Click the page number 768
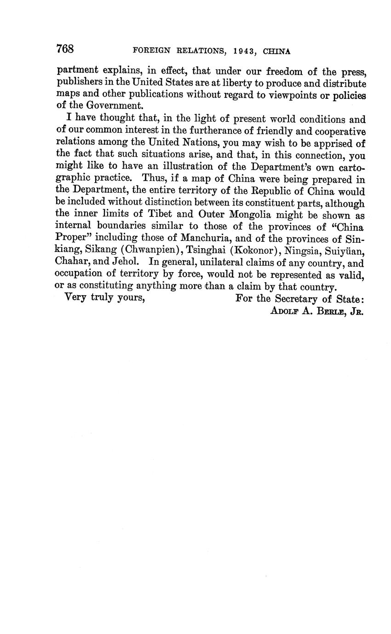[65, 49]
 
